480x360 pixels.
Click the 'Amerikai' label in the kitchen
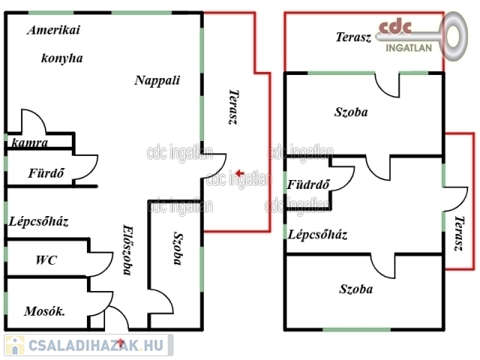click(x=53, y=31)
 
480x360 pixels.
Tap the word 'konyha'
click(x=61, y=58)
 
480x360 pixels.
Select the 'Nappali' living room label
click(x=157, y=80)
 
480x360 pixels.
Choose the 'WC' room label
click(x=46, y=260)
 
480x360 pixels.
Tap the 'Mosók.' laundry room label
click(x=43, y=311)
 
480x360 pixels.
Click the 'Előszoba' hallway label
click(x=128, y=250)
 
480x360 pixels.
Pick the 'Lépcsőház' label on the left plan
click(x=39, y=221)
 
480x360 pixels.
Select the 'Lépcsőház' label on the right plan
click(x=318, y=234)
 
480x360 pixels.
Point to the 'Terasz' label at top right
click(x=353, y=37)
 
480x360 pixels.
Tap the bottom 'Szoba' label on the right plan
click(x=355, y=289)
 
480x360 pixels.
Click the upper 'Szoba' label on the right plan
click(x=351, y=112)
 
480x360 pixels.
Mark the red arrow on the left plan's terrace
click(x=238, y=174)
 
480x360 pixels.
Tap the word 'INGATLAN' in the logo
click(x=408, y=49)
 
